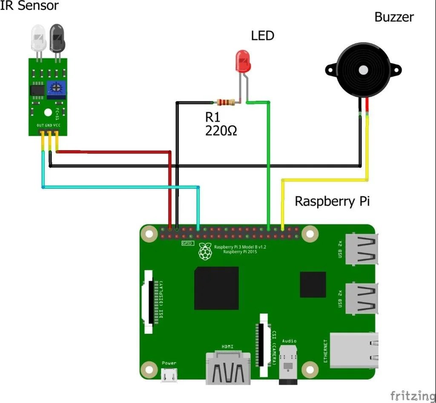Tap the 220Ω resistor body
point(226,102)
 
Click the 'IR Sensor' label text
point(29,6)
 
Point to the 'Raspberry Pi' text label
point(332,201)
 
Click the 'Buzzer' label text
point(394,17)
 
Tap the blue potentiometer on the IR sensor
point(55,89)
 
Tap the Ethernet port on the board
point(354,350)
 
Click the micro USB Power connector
point(169,375)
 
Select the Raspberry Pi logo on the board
point(206,251)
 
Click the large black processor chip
point(216,288)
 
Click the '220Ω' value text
point(221,130)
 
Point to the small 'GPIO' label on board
point(188,243)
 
